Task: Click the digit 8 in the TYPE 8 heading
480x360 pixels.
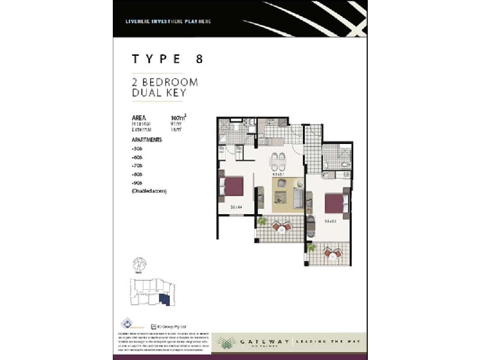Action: click(199, 59)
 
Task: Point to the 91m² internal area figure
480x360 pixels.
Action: click(176, 124)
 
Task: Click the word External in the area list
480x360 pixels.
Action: click(142, 129)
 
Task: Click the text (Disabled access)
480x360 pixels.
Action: click(149, 191)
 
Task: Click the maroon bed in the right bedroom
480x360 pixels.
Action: click(335, 203)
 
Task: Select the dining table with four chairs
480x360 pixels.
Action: click(278, 161)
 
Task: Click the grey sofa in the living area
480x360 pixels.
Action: click(299, 196)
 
